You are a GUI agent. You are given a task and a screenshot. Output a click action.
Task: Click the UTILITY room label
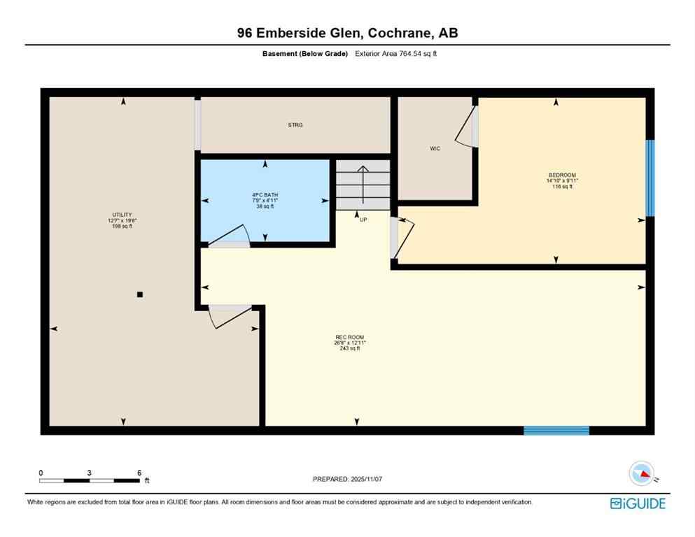122,215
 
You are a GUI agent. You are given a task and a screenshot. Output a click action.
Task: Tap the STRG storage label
295,125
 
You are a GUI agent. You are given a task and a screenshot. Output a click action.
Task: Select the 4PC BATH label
265,196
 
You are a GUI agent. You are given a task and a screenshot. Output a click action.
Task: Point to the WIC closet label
435,148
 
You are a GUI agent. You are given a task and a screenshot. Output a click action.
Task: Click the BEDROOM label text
562,175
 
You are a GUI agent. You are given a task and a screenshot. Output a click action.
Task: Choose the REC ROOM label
350,338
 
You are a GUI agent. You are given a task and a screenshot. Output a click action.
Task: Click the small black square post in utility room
140,294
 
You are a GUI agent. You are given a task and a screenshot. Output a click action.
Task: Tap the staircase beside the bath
363,184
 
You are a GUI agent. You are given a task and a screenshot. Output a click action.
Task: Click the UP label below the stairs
363,219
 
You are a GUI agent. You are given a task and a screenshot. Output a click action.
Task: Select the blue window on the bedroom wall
650,178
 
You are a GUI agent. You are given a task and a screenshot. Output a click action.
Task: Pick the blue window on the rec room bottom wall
556,430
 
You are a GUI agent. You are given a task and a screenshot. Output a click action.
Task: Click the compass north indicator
641,474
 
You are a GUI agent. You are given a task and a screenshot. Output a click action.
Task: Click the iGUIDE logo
638,503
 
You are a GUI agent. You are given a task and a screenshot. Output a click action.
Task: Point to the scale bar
89,480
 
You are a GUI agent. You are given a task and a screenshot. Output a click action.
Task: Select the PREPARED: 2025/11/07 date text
348,479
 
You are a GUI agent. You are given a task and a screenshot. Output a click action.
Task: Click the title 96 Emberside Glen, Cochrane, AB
347,33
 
